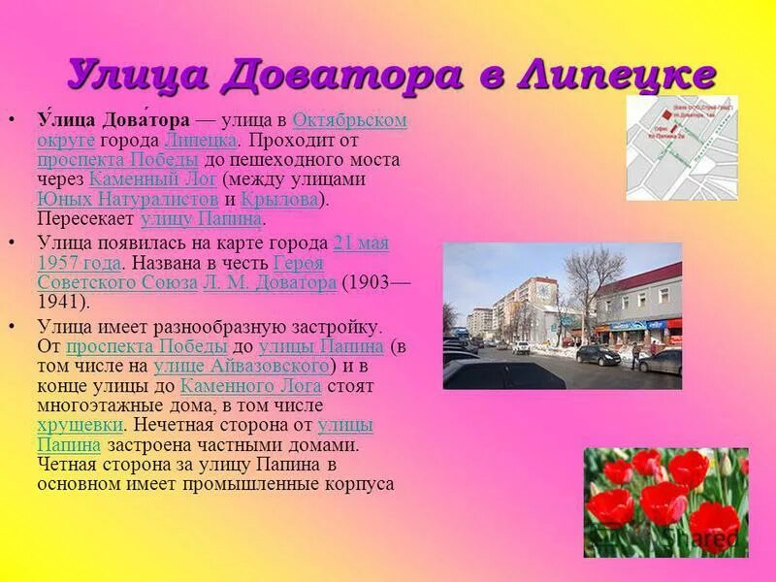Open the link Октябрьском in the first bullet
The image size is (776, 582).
(x=349, y=120)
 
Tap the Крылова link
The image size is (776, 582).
(x=279, y=199)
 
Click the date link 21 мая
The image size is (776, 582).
(x=360, y=243)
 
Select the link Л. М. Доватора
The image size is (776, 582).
(x=269, y=283)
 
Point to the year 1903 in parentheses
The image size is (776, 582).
(x=370, y=283)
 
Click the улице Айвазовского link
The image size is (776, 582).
(x=241, y=367)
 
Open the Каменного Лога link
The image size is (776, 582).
(x=250, y=386)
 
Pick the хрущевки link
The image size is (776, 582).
(x=80, y=426)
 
